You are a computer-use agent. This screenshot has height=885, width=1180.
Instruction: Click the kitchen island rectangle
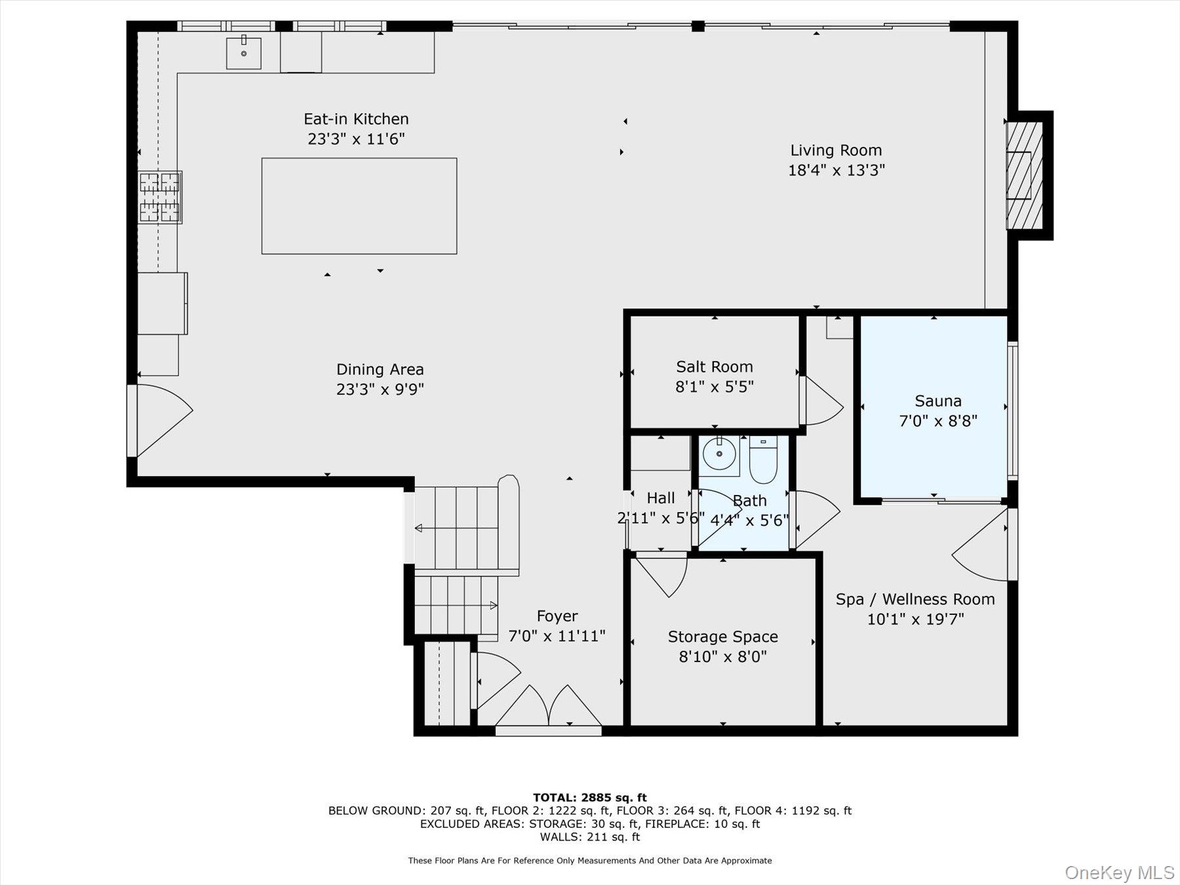click(359, 205)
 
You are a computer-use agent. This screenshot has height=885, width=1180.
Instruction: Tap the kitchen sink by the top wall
click(243, 53)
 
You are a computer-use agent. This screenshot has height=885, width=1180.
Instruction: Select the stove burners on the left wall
click(159, 197)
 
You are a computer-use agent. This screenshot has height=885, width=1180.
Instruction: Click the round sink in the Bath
click(719, 454)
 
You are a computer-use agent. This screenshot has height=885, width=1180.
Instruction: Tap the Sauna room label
click(937, 401)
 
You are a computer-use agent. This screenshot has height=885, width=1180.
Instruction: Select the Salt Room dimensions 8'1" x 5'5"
click(714, 387)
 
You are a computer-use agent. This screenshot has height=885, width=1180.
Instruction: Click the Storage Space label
click(722, 637)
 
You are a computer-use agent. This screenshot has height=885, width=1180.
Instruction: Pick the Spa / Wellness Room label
click(914, 599)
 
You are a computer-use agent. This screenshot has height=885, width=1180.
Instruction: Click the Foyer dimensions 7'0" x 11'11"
click(557, 636)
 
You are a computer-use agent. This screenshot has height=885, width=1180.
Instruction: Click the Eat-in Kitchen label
click(356, 119)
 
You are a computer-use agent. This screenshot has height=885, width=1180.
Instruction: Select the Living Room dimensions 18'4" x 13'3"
click(836, 170)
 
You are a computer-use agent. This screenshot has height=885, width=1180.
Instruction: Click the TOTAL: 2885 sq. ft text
click(589, 797)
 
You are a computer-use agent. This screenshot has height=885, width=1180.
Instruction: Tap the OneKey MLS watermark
click(1119, 873)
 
